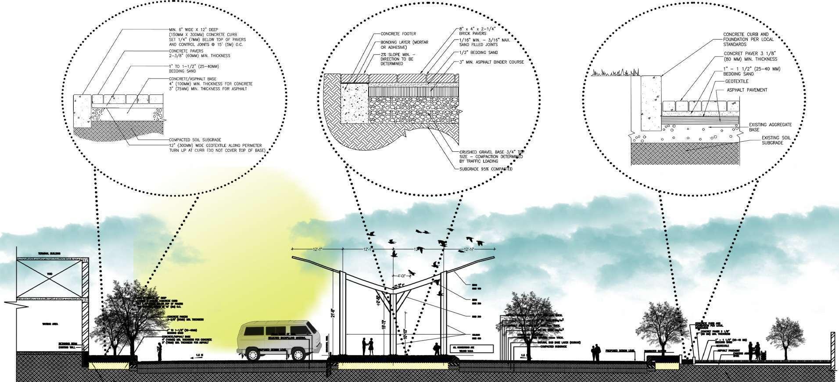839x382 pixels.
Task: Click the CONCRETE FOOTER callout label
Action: pos(398,34)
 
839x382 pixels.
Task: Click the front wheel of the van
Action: pos(254,354)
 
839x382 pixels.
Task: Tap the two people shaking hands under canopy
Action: pos(367,346)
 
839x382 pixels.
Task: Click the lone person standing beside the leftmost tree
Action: pos(160,351)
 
